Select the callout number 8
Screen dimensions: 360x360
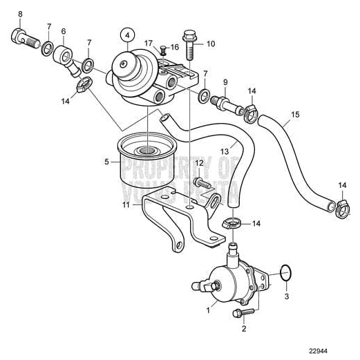(x=19, y=14)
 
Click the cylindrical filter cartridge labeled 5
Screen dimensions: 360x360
(x=144, y=166)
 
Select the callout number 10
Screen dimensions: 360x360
(x=211, y=44)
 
